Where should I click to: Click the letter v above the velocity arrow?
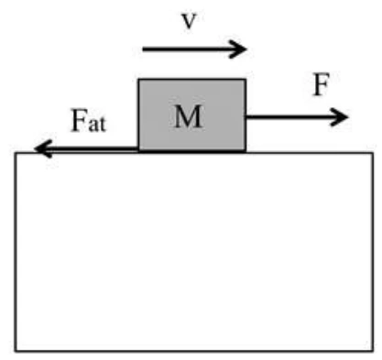[x=189, y=21]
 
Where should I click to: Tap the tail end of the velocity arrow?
[x=143, y=49]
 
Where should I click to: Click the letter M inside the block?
[x=188, y=116]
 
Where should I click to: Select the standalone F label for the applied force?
[x=322, y=84]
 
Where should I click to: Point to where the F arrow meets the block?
[x=246, y=116]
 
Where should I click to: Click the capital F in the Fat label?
[x=79, y=121]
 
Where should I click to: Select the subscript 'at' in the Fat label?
[x=97, y=125]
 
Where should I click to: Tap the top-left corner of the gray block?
[x=138, y=80]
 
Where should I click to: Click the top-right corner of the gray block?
[x=246, y=80]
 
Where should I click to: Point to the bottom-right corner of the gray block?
[x=246, y=150]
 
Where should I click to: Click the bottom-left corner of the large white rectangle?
[x=16, y=351]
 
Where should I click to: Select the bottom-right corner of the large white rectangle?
[x=373, y=351]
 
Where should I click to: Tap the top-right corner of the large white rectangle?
[x=373, y=153]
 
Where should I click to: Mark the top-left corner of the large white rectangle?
[x=16, y=153]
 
